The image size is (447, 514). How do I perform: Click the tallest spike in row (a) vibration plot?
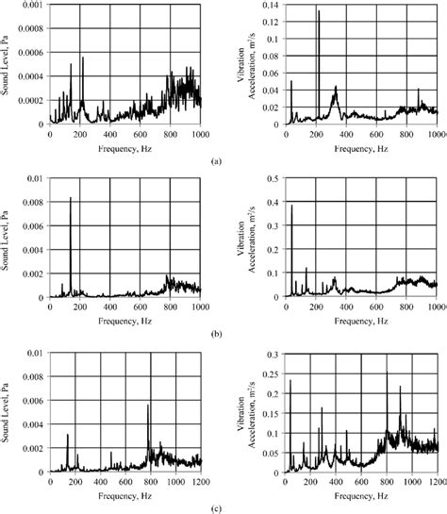(x=319, y=12)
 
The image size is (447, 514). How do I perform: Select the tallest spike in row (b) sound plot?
(x=71, y=198)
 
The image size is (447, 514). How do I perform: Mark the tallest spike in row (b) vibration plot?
(x=291, y=207)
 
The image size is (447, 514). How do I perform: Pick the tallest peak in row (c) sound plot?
(x=148, y=406)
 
